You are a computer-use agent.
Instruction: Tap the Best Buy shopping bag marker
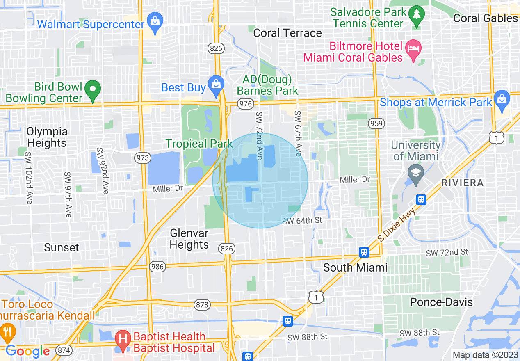[x=215, y=84]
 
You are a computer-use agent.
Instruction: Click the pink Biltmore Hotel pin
[x=413, y=48]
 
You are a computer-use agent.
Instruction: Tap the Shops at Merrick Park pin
[x=502, y=100]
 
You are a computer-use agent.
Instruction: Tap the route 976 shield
[x=246, y=104]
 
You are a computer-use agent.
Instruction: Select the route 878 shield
[x=203, y=305]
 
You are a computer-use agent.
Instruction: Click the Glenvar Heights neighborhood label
[x=189, y=239]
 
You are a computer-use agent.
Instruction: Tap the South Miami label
[x=355, y=267]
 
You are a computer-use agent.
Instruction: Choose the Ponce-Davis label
[x=441, y=302]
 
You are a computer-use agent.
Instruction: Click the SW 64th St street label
[x=302, y=221]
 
